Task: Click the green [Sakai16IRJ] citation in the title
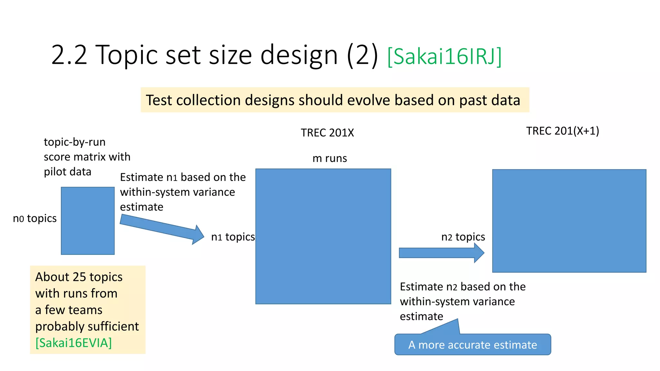coord(444,56)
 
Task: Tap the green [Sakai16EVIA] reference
coord(73,343)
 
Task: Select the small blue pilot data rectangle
coord(88,221)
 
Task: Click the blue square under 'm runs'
coord(323,236)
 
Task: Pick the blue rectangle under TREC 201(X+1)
coord(569,221)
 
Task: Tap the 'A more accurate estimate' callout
coord(472,345)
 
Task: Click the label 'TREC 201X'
coord(327,133)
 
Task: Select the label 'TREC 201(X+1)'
coord(562,131)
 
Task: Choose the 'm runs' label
coord(330,158)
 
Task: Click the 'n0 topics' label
coord(35,219)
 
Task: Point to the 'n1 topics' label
coord(233,237)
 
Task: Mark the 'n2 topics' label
coord(463,237)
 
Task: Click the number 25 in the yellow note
coord(79,277)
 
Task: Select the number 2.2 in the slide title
coord(69,55)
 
